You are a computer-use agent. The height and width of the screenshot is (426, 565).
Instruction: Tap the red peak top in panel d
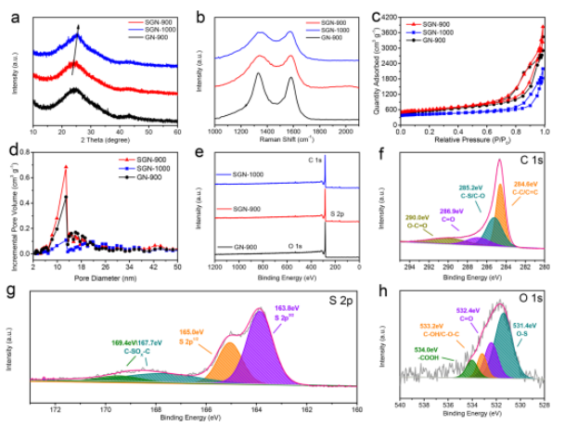coord(66,167)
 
